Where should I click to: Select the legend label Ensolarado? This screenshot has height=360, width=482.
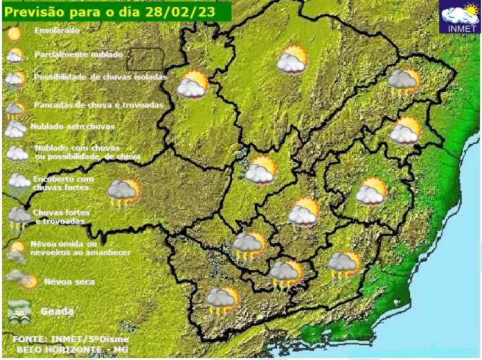(x=58, y=30)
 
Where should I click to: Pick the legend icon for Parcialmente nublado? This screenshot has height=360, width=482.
(x=15, y=55)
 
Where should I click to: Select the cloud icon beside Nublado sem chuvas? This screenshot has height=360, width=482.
(x=15, y=129)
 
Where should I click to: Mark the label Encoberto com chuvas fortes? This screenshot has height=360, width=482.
(x=63, y=183)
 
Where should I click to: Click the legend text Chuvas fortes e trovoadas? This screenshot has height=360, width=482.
(x=61, y=216)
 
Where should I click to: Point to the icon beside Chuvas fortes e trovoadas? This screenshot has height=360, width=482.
(x=18, y=217)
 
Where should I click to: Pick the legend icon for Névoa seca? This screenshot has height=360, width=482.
(x=21, y=280)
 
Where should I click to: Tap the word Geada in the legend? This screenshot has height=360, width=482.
(x=57, y=311)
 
